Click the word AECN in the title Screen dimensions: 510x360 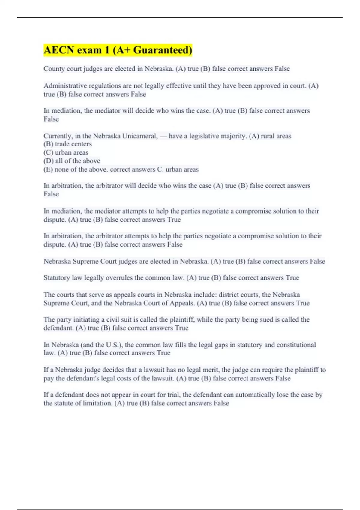pos(59,50)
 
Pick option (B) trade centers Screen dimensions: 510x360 pos(68,144)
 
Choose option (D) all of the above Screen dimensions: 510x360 pos(72,161)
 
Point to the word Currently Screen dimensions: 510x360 pos(58,136)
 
